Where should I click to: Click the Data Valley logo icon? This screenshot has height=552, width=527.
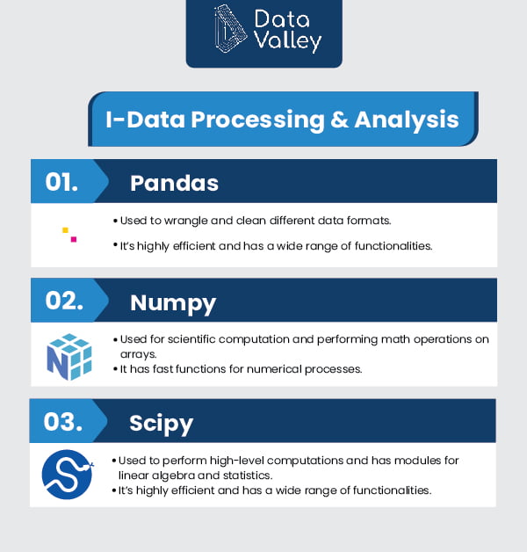tap(230, 29)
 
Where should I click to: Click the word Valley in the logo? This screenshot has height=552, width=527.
tap(288, 41)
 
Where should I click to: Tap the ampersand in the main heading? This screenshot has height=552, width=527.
tap(339, 120)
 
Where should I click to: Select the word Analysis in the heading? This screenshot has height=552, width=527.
tap(407, 120)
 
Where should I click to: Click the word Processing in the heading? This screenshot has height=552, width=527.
tap(257, 120)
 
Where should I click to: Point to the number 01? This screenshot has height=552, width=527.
tap(61, 182)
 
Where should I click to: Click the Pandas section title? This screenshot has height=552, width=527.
tap(174, 183)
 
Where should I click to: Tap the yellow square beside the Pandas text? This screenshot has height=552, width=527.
tap(65, 230)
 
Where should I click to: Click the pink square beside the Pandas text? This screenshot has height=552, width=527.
tap(74, 239)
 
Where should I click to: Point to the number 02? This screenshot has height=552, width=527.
tap(64, 301)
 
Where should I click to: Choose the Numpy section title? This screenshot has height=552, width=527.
tap(173, 303)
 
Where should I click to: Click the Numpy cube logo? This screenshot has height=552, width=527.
tap(69, 357)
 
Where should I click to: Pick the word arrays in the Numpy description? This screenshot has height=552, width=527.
tap(138, 354)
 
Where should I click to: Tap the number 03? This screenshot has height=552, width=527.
tap(63, 421)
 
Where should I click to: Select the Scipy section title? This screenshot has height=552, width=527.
tap(161, 424)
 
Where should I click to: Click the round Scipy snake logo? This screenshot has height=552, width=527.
tap(68, 474)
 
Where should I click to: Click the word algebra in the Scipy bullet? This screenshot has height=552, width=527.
tap(170, 476)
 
